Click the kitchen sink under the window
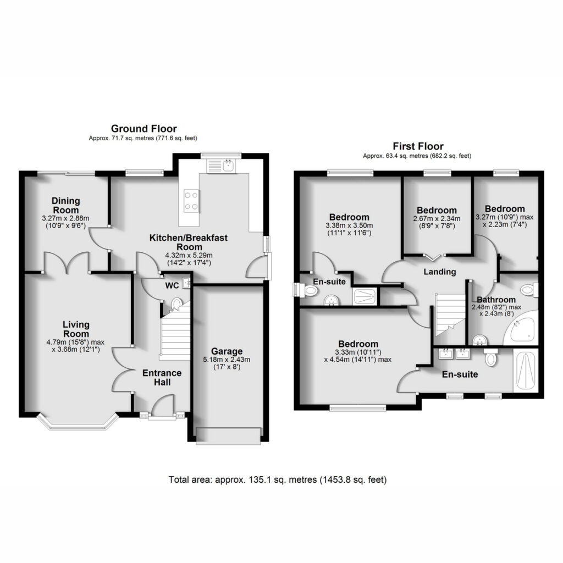[x=221, y=166]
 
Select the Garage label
[x=227, y=351]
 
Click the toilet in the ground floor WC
[x=176, y=303]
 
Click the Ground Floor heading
[x=143, y=129]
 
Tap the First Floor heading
[x=418, y=146]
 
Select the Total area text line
[x=278, y=479]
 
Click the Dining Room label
[x=66, y=206]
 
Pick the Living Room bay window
[x=78, y=423]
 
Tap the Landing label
[x=439, y=272]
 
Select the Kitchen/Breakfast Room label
[x=189, y=242]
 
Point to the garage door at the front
[x=228, y=436]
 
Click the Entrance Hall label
[x=162, y=377]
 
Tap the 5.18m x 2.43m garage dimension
[x=227, y=360]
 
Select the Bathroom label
[x=496, y=300]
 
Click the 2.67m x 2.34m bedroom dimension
[x=437, y=219]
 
